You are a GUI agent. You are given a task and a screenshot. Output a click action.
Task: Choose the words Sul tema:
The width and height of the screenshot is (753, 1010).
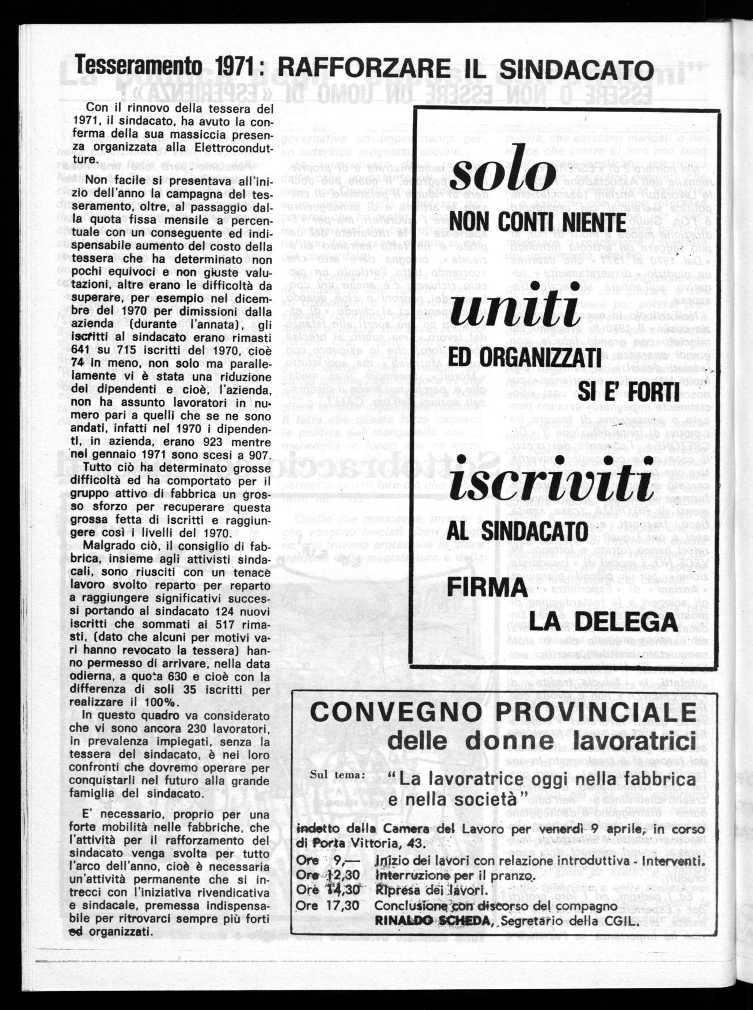click(337, 773)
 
